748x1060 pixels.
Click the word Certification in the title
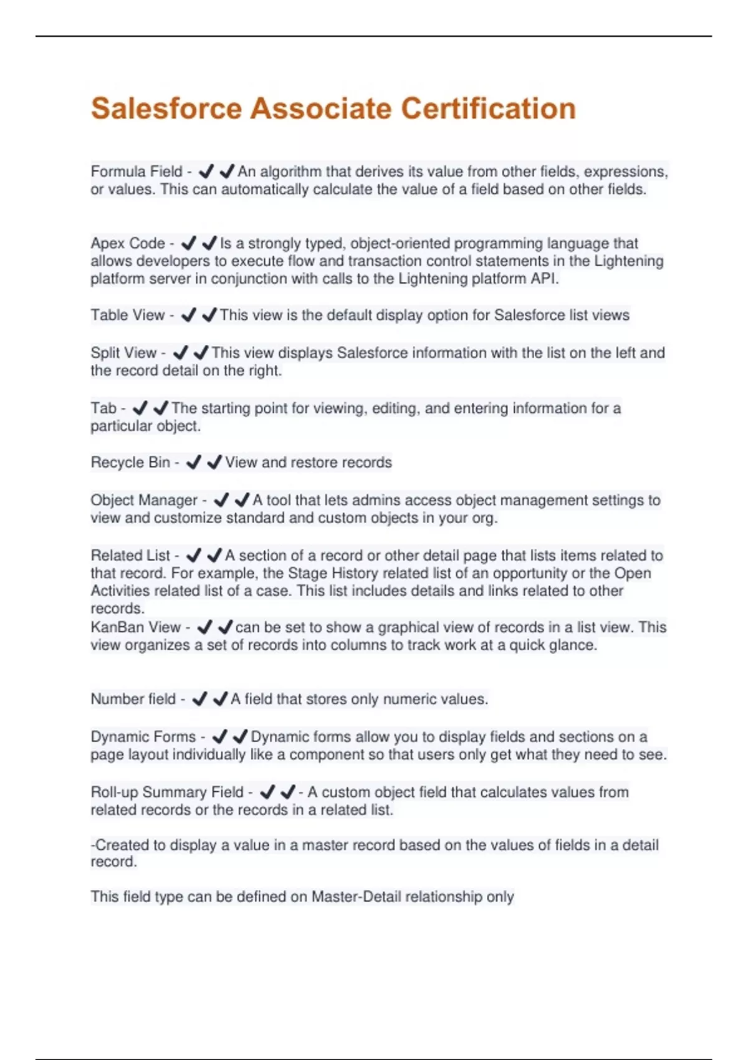pos(488,108)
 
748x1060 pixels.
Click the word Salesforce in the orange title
pos(166,108)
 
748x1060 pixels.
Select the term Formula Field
pos(136,171)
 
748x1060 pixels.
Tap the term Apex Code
pos(128,243)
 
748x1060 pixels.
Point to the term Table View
pos(128,316)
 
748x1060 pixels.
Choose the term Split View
pos(123,353)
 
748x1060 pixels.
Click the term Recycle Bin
pos(130,463)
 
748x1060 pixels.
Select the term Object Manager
pos(144,500)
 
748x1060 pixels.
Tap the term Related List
pos(130,556)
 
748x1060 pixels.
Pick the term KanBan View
pos(135,627)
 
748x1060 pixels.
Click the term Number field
pos(133,699)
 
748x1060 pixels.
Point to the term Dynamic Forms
pos(143,737)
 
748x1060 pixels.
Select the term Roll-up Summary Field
pos(167,792)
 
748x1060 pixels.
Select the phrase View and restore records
pos(309,463)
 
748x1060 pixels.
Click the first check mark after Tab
pos(140,408)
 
